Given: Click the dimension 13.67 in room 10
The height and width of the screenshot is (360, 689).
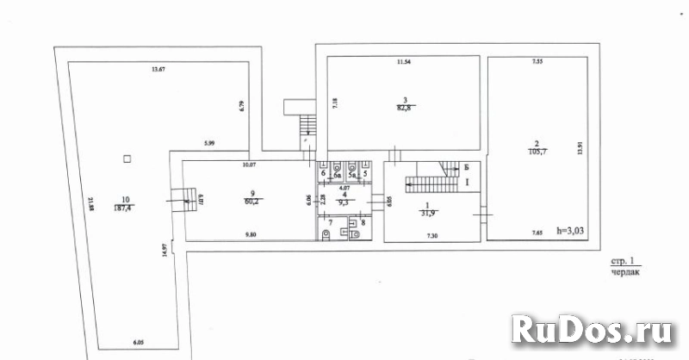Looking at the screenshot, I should click(x=157, y=70).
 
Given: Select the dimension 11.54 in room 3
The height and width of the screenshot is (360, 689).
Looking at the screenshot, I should click(x=404, y=63).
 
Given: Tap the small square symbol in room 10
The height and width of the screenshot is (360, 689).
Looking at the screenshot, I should click(x=127, y=158).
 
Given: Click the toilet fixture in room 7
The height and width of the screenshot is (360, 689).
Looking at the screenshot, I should click(x=325, y=233).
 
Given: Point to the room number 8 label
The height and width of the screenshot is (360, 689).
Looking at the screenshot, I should click(x=363, y=223).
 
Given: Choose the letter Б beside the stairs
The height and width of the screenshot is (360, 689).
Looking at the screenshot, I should click(x=466, y=166).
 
